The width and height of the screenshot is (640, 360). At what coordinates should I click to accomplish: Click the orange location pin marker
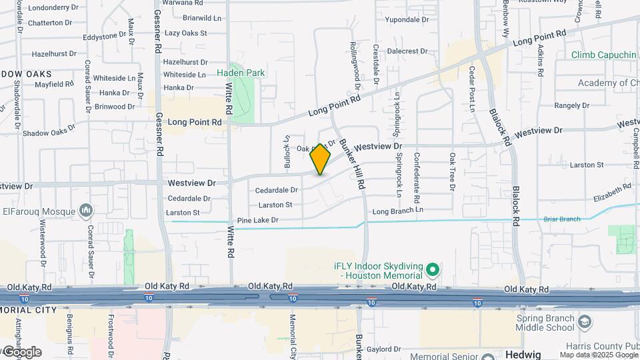pos(320,159)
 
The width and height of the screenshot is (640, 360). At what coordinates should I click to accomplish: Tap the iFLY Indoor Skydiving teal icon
pos(433,270)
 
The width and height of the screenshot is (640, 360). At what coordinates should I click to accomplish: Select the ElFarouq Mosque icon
pos(85,211)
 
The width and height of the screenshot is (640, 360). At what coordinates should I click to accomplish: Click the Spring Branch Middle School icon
pos(585,323)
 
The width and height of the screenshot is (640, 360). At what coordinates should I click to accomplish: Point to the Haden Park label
pos(241,73)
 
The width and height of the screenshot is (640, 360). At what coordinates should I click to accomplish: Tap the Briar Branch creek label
pos(561,219)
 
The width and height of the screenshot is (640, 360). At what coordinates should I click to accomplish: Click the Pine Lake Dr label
pos(256,220)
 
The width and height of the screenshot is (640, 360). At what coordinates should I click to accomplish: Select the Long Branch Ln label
pos(398,211)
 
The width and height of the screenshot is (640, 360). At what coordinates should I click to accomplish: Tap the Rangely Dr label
pos(572,105)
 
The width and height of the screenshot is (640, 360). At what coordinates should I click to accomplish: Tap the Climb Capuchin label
pos(604,55)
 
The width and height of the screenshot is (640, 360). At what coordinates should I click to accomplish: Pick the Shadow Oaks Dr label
pos(45,132)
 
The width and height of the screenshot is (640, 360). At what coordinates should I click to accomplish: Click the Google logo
pos(22,352)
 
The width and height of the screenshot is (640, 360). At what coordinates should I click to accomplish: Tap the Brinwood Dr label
pos(114,107)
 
